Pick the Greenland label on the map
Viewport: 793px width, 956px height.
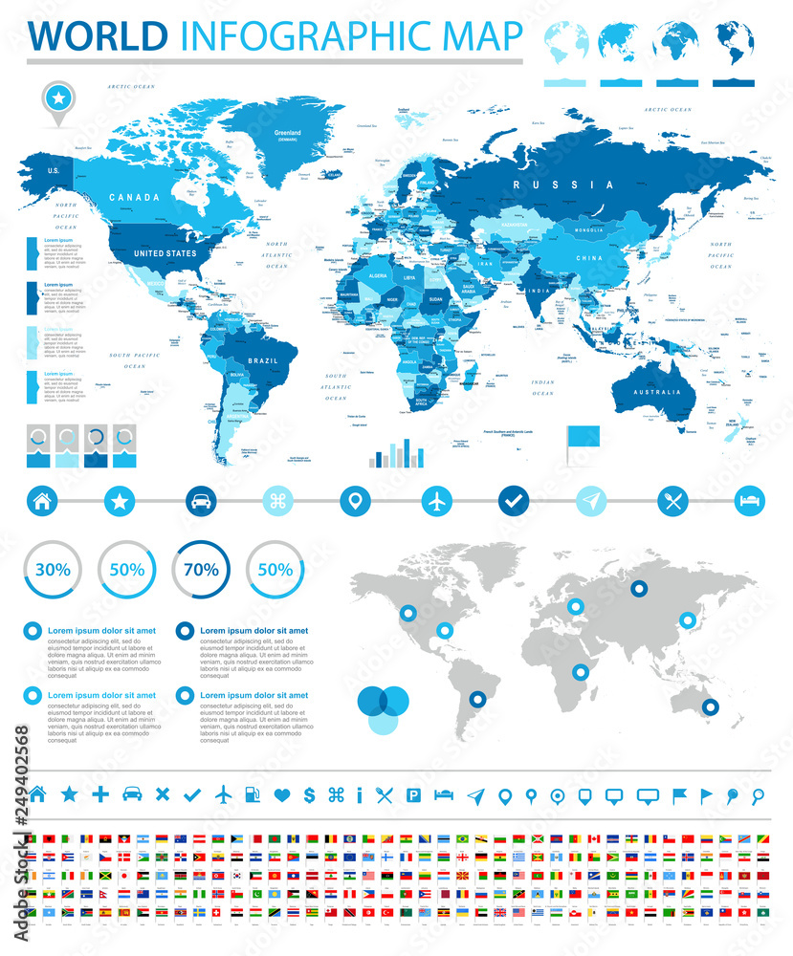(288, 134)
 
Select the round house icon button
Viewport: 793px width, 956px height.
(40, 500)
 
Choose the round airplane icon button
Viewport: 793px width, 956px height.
(436, 500)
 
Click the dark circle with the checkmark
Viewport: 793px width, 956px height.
(514, 500)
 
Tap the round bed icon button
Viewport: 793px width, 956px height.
(749, 500)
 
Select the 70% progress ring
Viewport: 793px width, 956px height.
(201, 570)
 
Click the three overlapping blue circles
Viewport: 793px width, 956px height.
(383, 708)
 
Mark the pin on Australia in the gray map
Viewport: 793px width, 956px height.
(710, 707)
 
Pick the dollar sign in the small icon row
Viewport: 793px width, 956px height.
(309, 794)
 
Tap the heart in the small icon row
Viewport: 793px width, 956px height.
(281, 794)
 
